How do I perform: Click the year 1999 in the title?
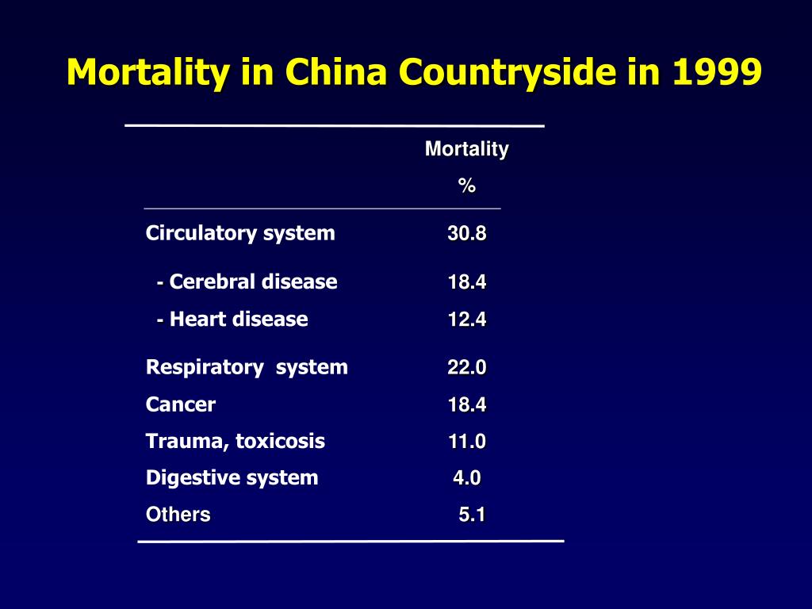(x=716, y=73)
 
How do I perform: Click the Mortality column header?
(x=466, y=149)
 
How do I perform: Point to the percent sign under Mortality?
(x=466, y=186)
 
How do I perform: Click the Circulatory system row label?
(x=240, y=233)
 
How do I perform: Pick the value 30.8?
(x=466, y=234)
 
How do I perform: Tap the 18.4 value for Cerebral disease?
(x=466, y=282)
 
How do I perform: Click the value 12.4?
(x=466, y=320)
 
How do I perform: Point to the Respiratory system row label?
(x=247, y=367)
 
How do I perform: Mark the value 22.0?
(x=466, y=368)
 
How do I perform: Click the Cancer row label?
(x=181, y=404)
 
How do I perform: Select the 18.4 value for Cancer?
(x=466, y=405)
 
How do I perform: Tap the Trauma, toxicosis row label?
(x=236, y=441)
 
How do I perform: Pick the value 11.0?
(x=466, y=442)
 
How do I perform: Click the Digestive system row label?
(x=232, y=477)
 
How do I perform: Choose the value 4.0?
(x=466, y=478)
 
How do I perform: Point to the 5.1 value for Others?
(x=472, y=515)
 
